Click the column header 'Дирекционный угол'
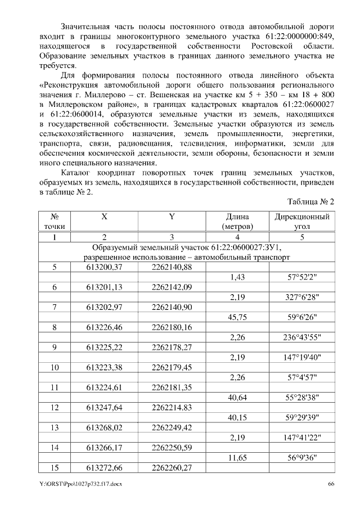pos(302,221)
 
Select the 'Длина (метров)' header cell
pos(237,221)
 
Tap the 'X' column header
pos(104,217)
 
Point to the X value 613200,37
pos(104,267)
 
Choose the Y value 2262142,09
pos(172,287)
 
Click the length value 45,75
pos(237,318)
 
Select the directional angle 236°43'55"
pos(302,338)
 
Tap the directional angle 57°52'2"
pos(302,277)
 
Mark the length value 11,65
pos(237,460)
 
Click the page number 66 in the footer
pos(331,484)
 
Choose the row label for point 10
pos(55,368)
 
